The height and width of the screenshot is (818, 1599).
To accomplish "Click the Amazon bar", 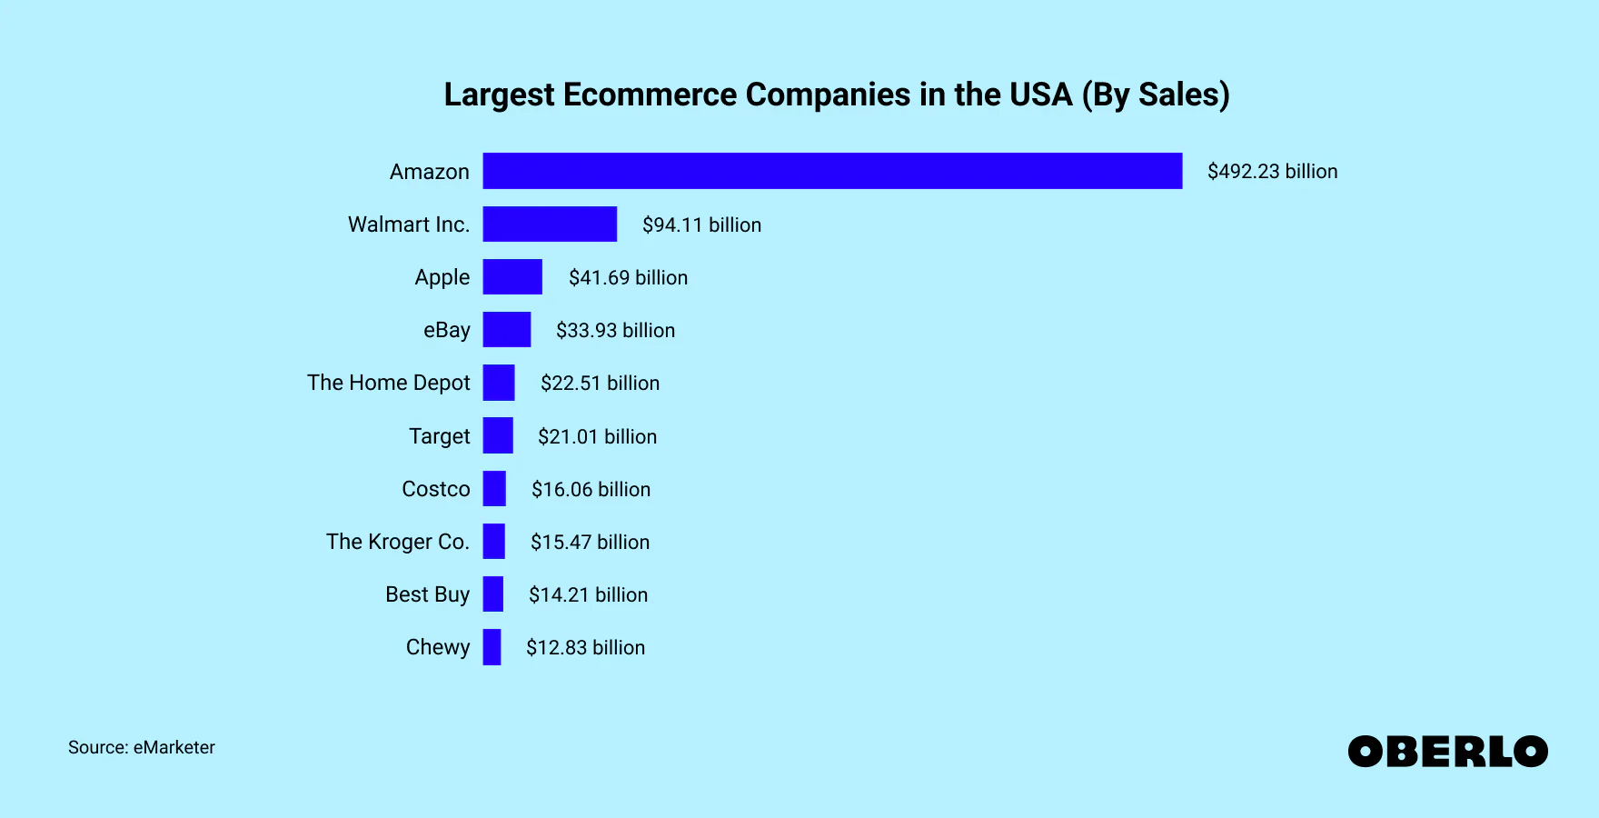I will tap(832, 171).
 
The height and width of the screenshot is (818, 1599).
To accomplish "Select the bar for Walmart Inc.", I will tap(550, 224).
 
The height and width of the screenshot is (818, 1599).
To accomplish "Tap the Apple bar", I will tap(512, 277).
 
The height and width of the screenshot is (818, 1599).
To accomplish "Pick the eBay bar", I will tap(507, 330).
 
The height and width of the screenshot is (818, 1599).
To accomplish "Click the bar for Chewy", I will tap(492, 647).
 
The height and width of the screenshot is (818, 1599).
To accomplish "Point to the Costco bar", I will tap(494, 489).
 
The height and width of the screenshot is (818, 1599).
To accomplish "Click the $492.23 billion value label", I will tap(1272, 172).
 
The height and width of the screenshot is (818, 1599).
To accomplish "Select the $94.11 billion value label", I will tap(701, 224).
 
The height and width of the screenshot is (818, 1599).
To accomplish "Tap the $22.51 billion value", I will tap(600, 384).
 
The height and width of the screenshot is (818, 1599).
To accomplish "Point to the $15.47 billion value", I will tap(590, 543).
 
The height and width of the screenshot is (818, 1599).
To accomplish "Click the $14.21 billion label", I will tap(588, 595).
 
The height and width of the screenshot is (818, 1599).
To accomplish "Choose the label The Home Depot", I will tap(388, 383).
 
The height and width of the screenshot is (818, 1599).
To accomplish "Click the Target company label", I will tap(439, 436).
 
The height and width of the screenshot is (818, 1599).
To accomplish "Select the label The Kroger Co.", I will tap(397, 542).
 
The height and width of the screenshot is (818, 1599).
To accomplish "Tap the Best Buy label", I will tap(427, 594).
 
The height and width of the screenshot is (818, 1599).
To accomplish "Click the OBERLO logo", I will tap(1447, 752).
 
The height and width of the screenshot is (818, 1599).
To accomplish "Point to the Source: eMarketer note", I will tap(142, 747).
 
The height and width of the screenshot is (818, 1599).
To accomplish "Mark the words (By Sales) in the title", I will tap(1156, 95).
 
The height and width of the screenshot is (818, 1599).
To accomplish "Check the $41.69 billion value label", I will tap(628, 277).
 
